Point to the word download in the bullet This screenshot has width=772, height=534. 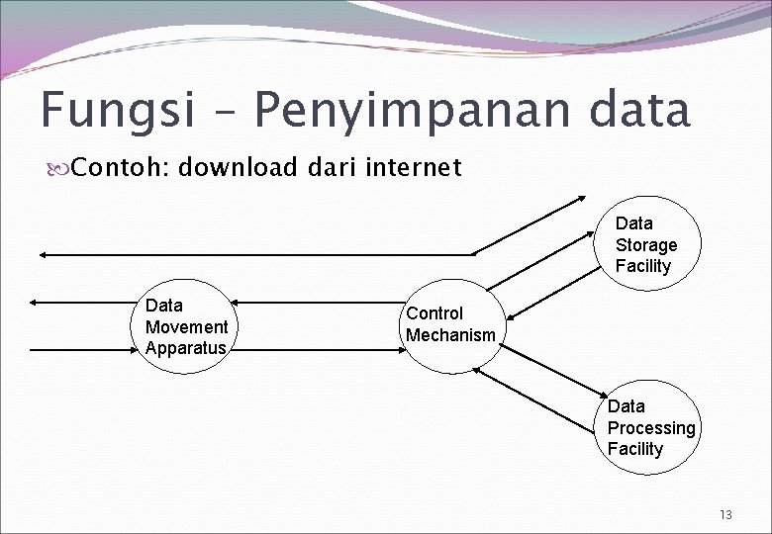[238, 168]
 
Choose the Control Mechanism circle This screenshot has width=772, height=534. [450, 325]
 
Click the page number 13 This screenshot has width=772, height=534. [726, 514]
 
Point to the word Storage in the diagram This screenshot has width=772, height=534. [646, 245]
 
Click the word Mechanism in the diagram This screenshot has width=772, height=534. [450, 335]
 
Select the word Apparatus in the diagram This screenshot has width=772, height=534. [186, 348]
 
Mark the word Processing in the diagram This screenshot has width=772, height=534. [651, 427]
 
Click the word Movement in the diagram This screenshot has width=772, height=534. [186, 326]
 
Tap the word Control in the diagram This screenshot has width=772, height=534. [434, 313]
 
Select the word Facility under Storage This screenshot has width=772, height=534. [643, 266]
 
